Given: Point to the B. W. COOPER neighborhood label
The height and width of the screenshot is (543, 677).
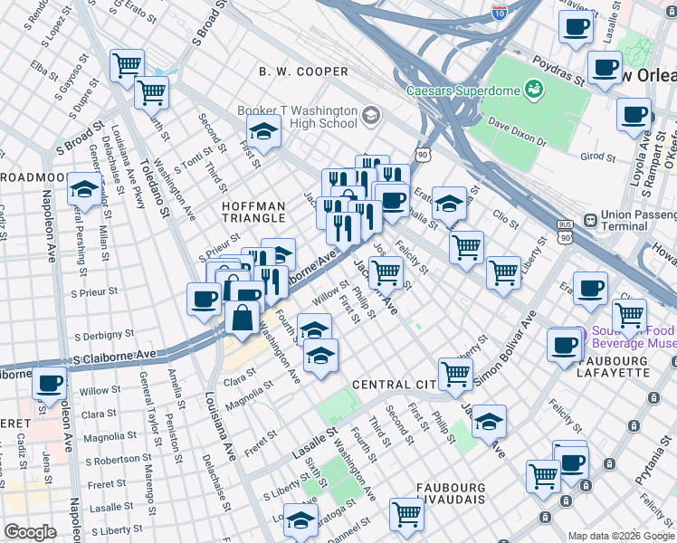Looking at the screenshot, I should click(303, 71).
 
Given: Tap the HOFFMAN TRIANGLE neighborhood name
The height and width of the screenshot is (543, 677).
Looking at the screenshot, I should click(254, 214).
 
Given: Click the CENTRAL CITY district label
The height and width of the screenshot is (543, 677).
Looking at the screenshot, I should click(395, 385).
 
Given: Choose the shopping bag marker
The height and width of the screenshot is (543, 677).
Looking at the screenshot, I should click(243, 319).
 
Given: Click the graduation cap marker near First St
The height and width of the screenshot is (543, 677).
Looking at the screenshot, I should click(263, 132).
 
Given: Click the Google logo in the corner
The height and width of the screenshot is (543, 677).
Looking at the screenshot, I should click(30, 532).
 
